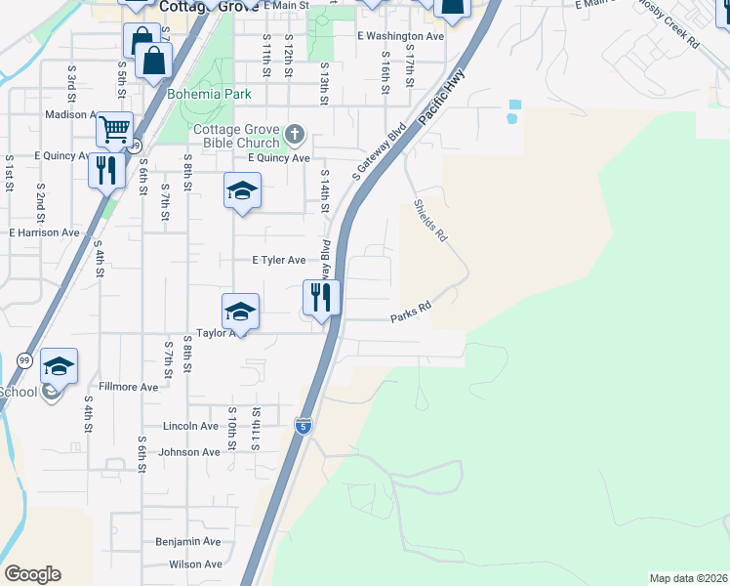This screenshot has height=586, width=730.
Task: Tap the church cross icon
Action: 296,133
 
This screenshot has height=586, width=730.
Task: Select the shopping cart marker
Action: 115,128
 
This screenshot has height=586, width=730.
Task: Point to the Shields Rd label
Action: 429,222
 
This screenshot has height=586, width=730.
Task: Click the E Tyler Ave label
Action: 279,261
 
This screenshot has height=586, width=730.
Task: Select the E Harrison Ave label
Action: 44,233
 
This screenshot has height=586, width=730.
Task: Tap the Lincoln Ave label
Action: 190,427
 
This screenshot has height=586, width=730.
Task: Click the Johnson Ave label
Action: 189,452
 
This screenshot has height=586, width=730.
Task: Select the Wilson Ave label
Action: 195,565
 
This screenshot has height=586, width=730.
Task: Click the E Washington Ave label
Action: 400,36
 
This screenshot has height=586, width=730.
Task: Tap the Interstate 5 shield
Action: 304,426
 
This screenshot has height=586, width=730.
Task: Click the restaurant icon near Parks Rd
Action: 321,296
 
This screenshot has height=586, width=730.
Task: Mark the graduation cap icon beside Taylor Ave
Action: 240,312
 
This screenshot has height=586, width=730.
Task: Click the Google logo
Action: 32,574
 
